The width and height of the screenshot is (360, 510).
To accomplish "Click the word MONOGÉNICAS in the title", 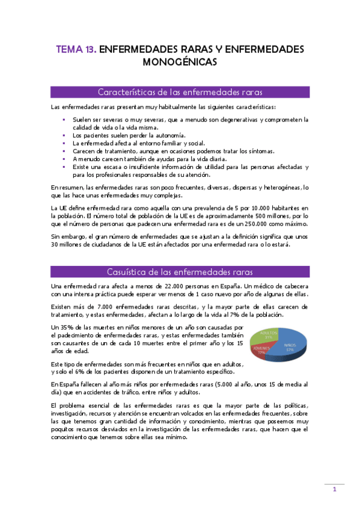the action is tap(180, 61).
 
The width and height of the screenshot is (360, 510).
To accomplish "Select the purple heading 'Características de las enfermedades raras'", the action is tap(180, 92).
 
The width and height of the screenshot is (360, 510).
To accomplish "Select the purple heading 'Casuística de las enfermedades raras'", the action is tap(180, 271).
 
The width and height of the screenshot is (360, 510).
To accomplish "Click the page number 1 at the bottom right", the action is tap(335, 490).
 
